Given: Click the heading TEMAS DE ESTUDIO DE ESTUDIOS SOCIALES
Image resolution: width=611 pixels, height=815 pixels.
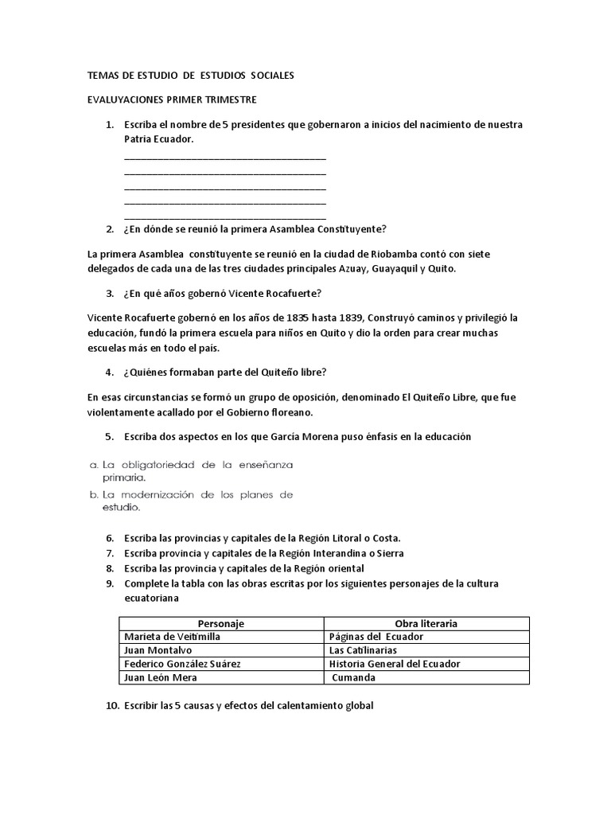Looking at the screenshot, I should click(x=190, y=76).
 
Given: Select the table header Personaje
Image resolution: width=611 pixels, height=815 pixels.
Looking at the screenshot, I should click(x=221, y=624).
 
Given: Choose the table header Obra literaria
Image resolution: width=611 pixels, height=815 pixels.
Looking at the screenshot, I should click(x=426, y=624).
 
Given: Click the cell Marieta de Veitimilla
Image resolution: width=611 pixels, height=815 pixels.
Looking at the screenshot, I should click(x=172, y=638).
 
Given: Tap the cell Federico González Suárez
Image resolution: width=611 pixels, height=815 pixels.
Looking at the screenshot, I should click(x=182, y=664).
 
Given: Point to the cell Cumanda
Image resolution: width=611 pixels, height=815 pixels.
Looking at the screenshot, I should click(x=354, y=677).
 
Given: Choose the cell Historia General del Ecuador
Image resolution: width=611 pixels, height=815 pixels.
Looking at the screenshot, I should click(x=394, y=664).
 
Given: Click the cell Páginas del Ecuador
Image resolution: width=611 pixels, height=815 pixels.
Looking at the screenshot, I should click(x=376, y=638).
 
